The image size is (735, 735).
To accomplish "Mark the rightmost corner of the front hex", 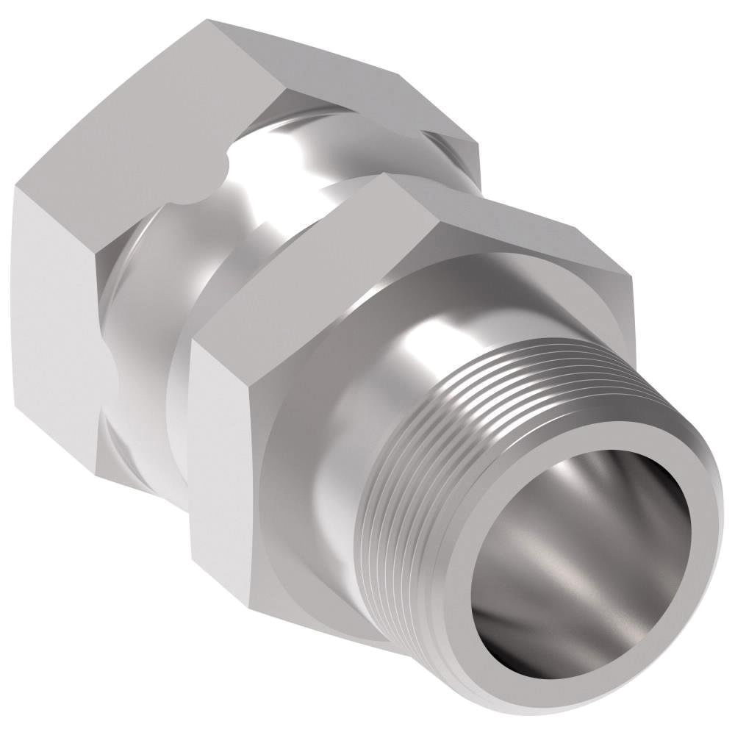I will coord(632,279).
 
